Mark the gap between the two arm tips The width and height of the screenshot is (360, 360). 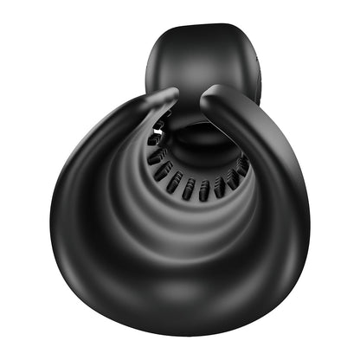coord(190,94)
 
